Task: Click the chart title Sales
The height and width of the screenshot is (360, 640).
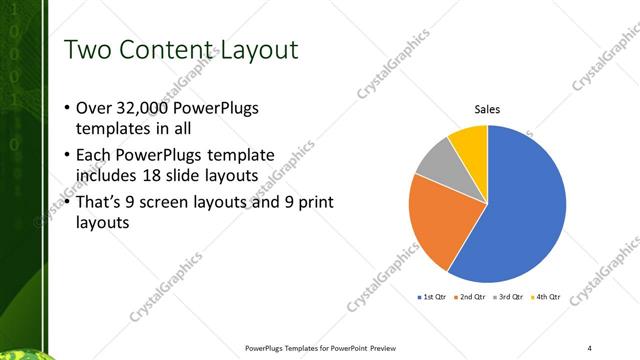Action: pos(487,108)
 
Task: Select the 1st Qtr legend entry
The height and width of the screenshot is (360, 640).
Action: pos(433,297)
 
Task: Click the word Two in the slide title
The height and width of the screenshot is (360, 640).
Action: pos(87,49)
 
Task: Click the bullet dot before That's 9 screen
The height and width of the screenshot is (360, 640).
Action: pos(66,203)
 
